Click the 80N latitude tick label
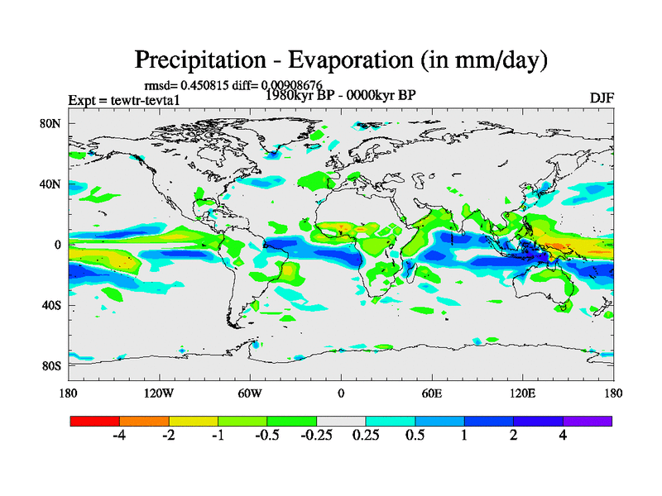coord(52,124)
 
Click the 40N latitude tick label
coord(52,184)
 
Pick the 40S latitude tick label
coord(52,305)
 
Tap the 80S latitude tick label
coord(52,365)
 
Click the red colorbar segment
coord(95,421)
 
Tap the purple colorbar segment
coord(588,421)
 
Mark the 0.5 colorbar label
coord(415,436)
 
